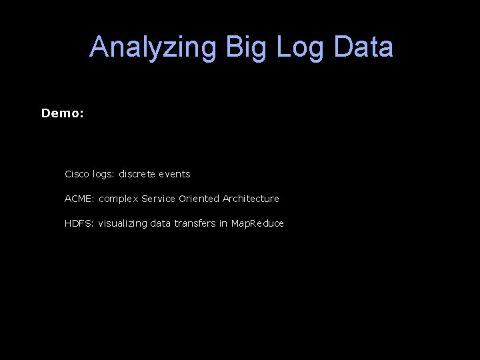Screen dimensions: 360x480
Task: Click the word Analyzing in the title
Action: (153, 48)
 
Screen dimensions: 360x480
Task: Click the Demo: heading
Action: (63, 113)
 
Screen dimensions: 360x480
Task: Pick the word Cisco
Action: (77, 174)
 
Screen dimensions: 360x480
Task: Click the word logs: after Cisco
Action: (105, 174)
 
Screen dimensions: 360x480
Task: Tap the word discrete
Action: (139, 174)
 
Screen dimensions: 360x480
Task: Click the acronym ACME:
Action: (80, 199)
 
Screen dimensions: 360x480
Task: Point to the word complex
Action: (119, 199)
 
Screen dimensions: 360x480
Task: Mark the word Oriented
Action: (199, 199)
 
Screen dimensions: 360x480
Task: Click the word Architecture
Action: (251, 199)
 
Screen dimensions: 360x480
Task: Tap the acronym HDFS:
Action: (79, 223)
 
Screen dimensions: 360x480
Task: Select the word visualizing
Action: (123, 223)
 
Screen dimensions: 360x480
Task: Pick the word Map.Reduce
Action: (257, 223)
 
